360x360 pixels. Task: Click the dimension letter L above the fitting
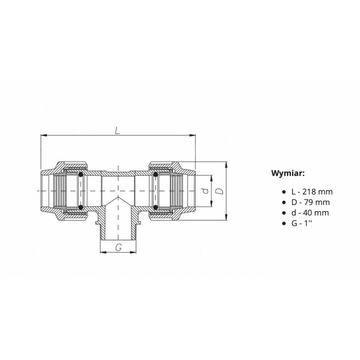pyautogui.click(x=117, y=130)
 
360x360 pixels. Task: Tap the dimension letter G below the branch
pyautogui.click(x=118, y=248)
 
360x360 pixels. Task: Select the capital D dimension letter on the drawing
pyautogui.click(x=220, y=191)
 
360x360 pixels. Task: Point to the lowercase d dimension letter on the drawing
pyautogui.click(x=206, y=191)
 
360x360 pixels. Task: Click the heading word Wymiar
pyautogui.click(x=288, y=173)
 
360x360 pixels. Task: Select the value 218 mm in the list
pyautogui.click(x=317, y=192)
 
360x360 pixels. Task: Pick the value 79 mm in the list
pyautogui.click(x=317, y=202)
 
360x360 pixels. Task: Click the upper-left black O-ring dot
pyautogui.click(x=81, y=175)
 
